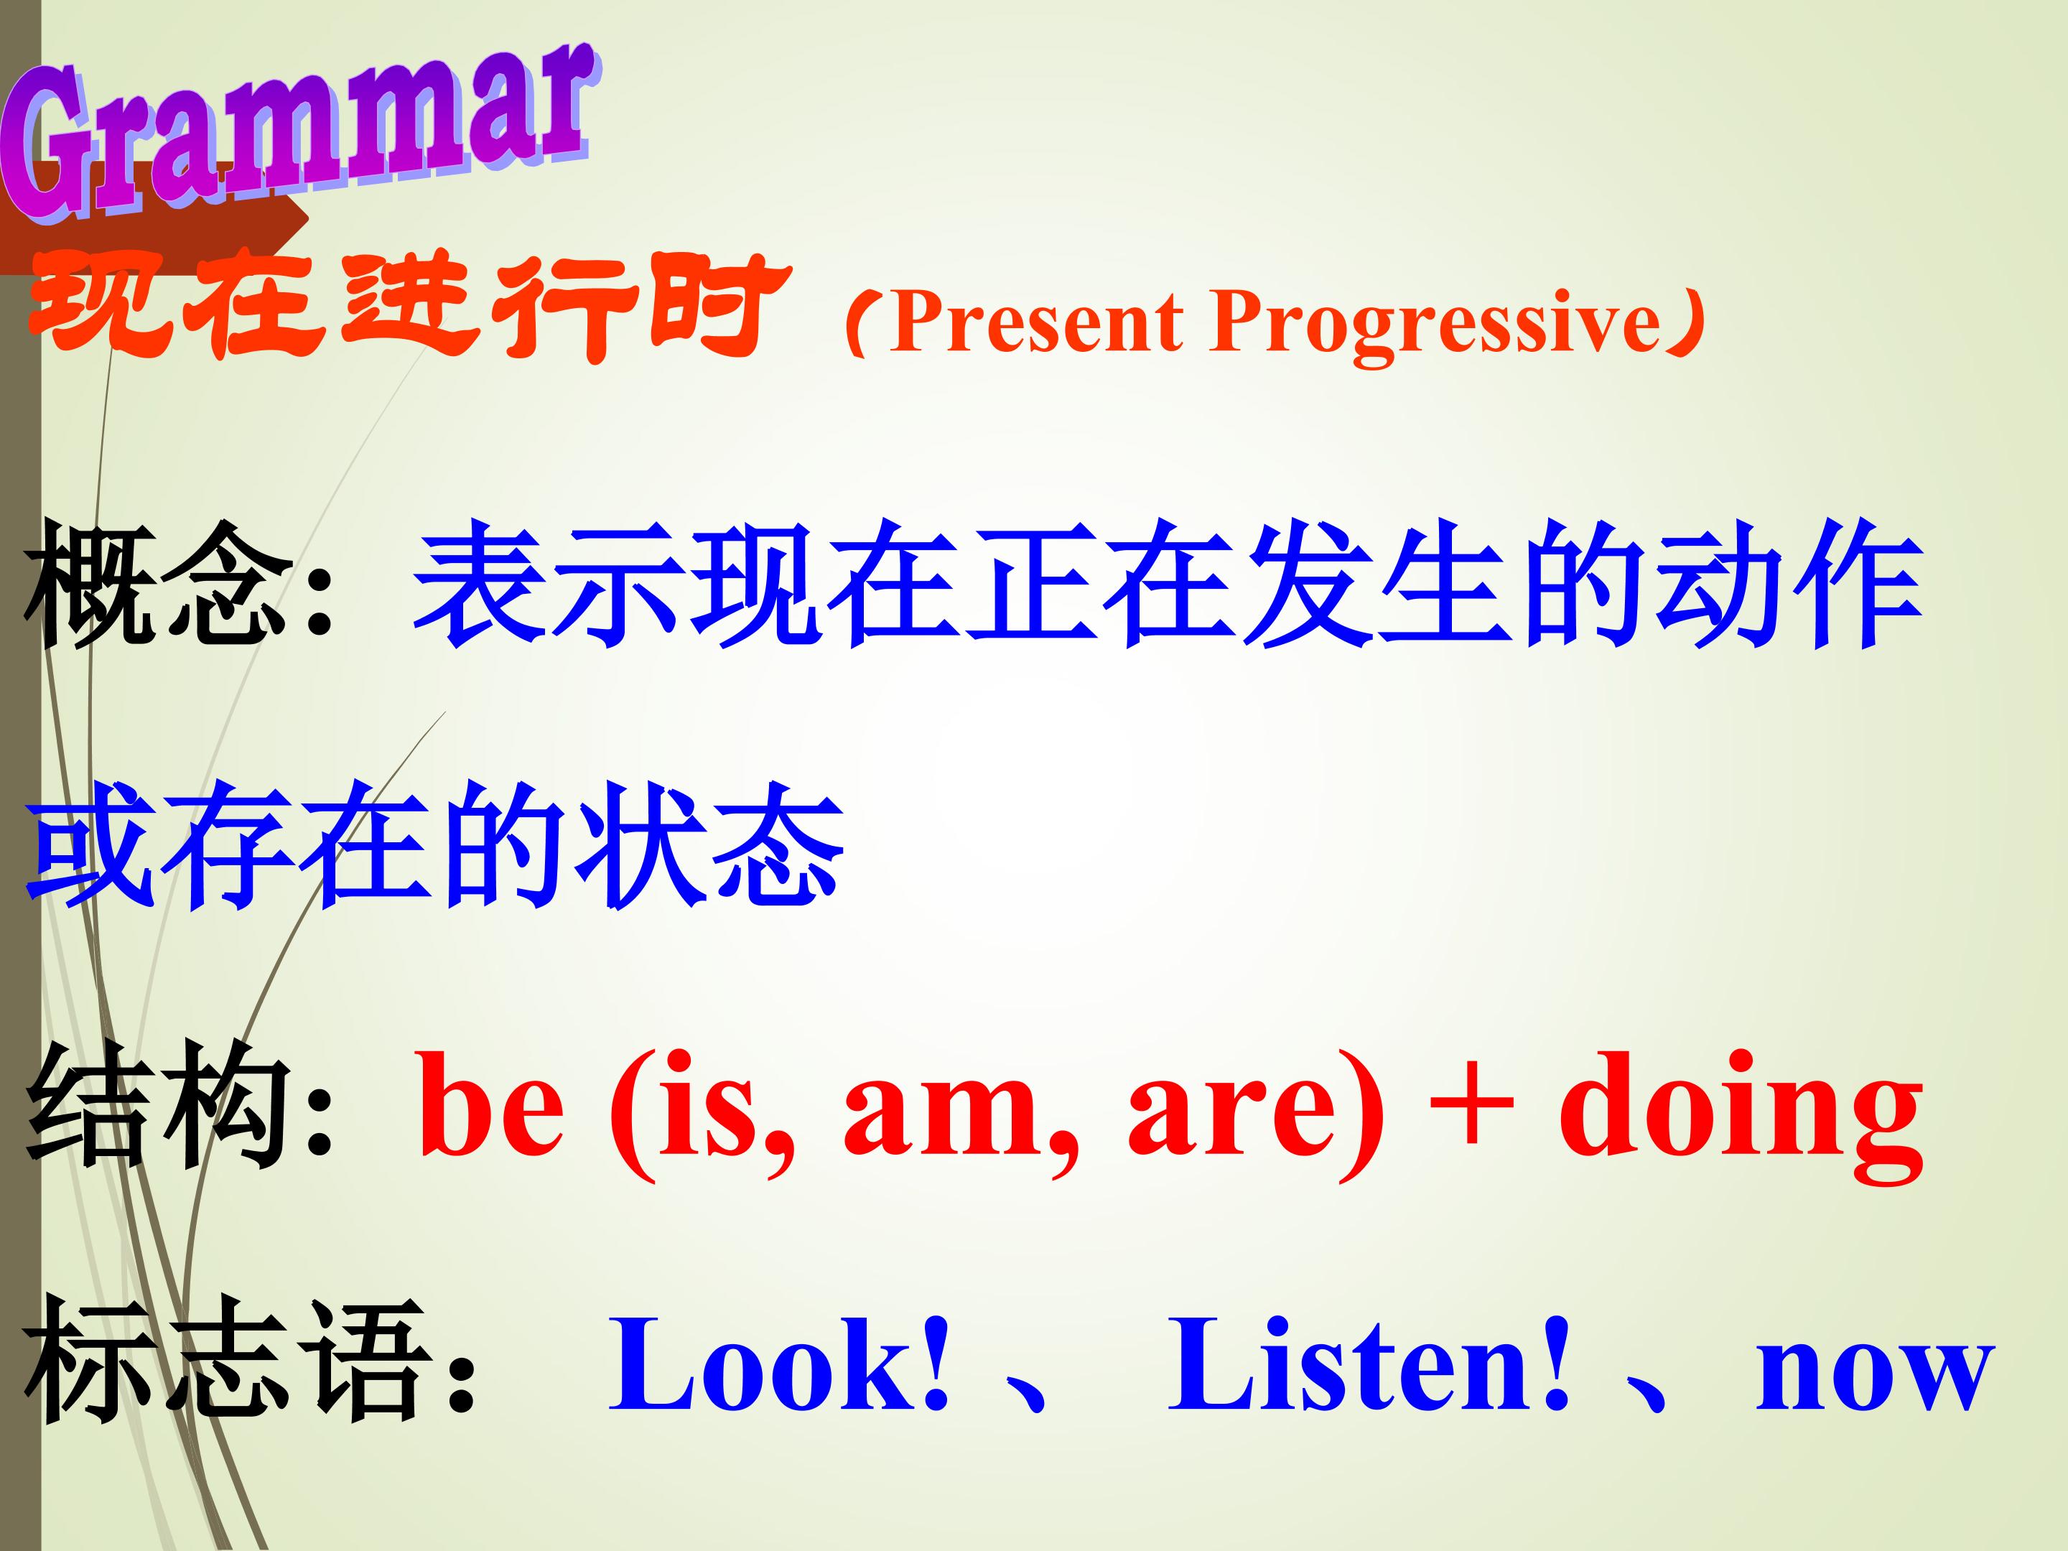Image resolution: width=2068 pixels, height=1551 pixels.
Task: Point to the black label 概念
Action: coord(157,584)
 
